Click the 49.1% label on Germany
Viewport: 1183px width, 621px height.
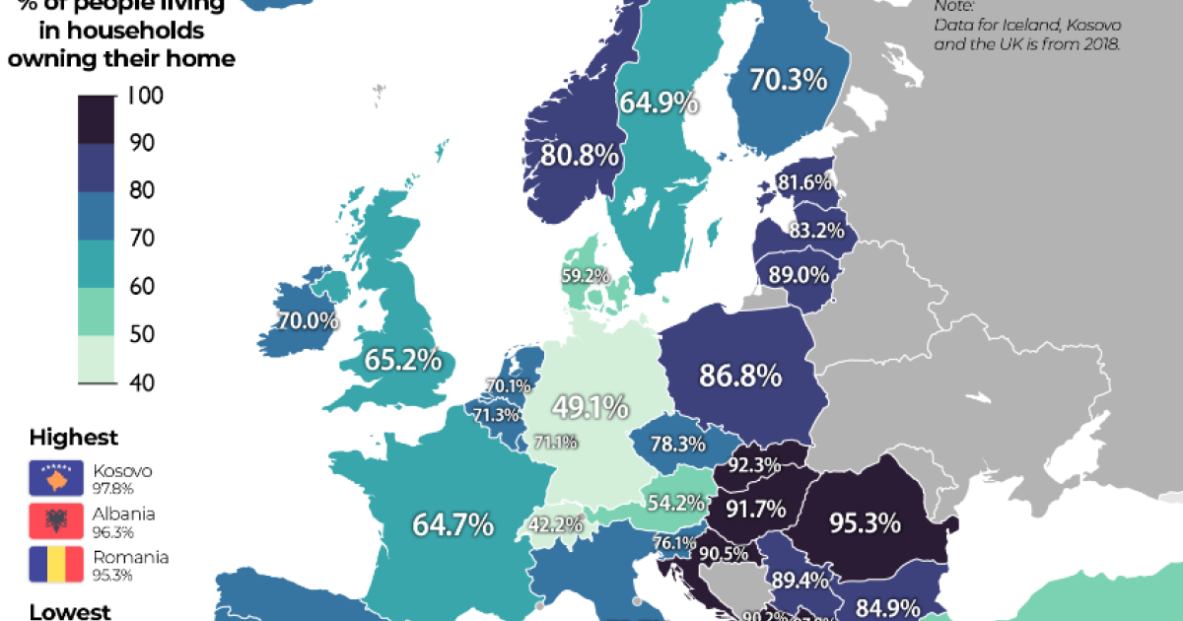pos(590,405)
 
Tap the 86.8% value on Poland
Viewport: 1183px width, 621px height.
pos(740,375)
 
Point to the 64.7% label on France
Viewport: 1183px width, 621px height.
pos(453,524)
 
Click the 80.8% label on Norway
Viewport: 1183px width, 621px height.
pos(580,155)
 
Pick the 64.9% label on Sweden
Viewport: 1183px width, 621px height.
pos(659,102)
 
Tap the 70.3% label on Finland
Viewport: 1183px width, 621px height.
pos(788,79)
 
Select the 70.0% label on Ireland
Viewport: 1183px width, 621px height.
pos(309,320)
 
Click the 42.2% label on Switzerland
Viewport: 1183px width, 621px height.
pos(550,524)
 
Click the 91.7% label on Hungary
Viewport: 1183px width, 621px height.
pos(756,510)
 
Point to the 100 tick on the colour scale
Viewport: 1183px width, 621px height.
pos(146,97)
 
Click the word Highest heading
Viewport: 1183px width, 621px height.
pos(74,437)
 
